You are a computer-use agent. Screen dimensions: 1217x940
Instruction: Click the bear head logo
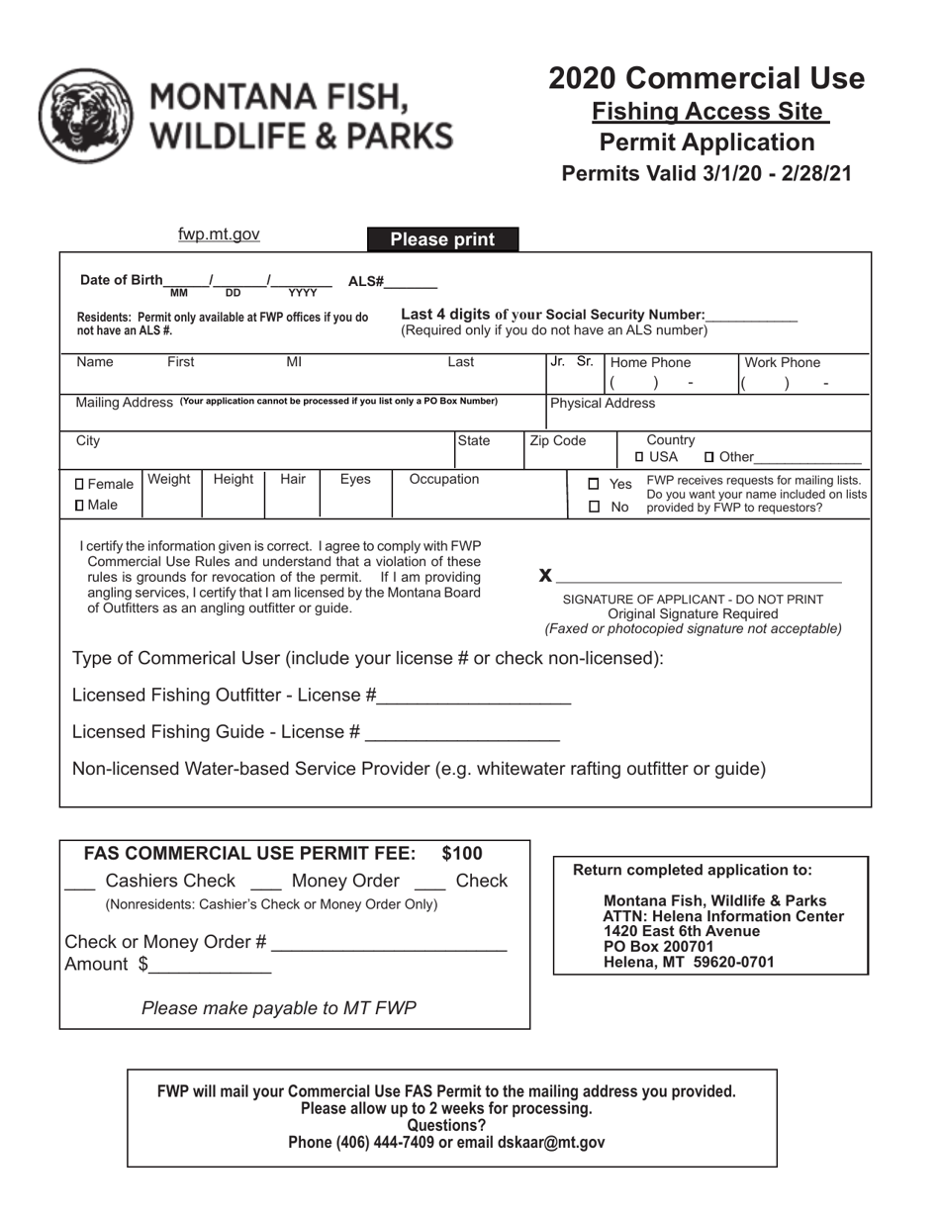click(x=85, y=115)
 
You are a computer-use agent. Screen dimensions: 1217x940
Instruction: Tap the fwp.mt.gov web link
click(x=219, y=234)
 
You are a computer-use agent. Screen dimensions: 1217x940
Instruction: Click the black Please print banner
click(x=442, y=239)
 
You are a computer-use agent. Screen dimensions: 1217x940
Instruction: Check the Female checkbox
click(x=80, y=485)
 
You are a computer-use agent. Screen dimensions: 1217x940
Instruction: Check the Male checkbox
click(x=80, y=506)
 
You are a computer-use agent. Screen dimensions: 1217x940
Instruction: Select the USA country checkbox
click(x=640, y=457)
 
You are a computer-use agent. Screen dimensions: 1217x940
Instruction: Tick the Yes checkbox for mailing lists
click(x=594, y=485)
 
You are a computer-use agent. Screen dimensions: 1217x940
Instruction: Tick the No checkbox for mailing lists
click(x=594, y=507)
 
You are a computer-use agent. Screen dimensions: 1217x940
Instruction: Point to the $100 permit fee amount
click(x=462, y=854)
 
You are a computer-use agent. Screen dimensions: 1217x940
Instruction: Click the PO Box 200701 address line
click(x=658, y=947)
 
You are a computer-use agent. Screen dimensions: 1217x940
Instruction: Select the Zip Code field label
click(x=558, y=441)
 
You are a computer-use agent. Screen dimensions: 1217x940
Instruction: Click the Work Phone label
click(x=782, y=363)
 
